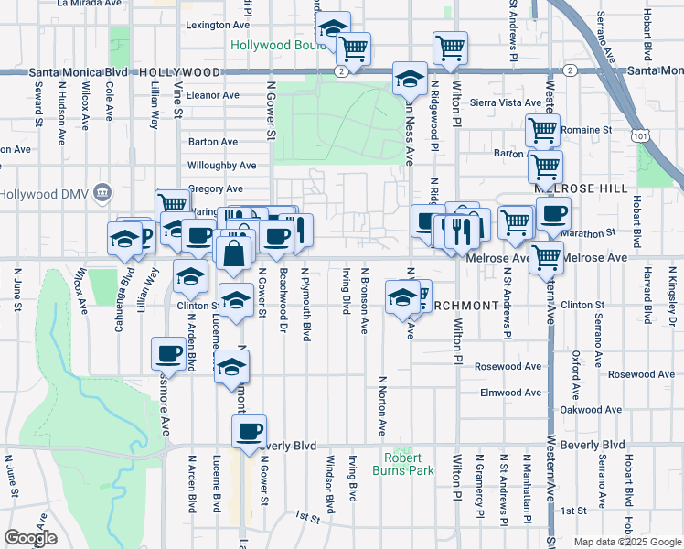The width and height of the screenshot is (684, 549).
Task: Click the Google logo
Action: (30, 538)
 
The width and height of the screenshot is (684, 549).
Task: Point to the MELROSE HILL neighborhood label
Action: (582, 188)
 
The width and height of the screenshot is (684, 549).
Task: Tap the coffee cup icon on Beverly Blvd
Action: (249, 432)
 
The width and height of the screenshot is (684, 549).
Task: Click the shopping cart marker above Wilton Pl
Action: (450, 48)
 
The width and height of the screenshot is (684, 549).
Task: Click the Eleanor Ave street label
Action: (212, 95)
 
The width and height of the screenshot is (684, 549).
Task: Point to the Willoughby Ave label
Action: (221, 166)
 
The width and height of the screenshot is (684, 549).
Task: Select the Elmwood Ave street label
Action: (511, 393)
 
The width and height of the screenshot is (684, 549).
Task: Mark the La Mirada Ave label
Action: (89, 4)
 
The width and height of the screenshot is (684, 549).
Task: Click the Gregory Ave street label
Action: (215, 188)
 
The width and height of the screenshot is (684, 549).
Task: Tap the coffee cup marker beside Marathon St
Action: (553, 215)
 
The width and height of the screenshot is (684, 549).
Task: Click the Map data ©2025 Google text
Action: (627, 542)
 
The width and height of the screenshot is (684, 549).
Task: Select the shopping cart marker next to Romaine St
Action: (543, 131)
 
